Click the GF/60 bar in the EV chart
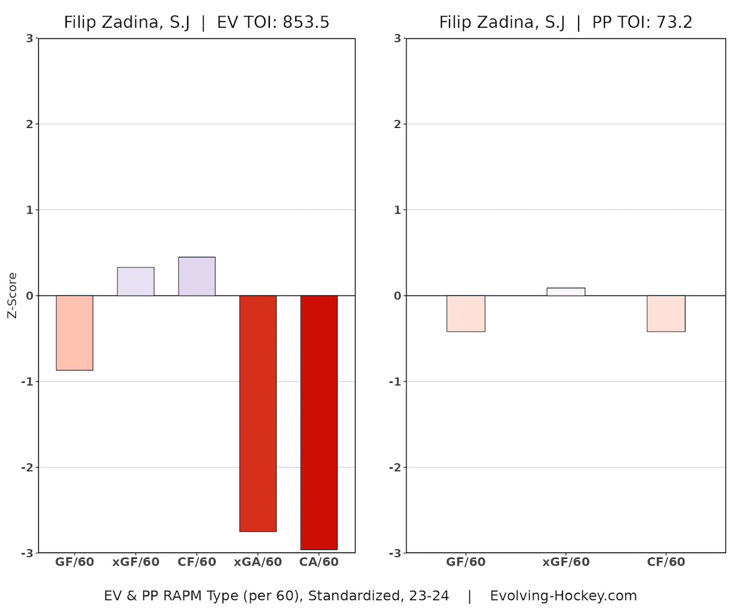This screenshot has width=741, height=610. point(74,333)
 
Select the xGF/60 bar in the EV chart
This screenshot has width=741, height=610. point(135,282)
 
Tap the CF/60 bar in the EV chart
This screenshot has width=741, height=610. point(196,277)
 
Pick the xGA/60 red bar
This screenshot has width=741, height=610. point(257,413)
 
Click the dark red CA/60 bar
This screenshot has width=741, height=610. point(319,422)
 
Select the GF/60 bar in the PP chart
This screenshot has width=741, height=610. point(466,314)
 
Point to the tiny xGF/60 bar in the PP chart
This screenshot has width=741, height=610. point(566,292)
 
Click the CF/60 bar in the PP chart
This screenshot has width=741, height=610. point(666,314)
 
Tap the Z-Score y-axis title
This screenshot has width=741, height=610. point(12,295)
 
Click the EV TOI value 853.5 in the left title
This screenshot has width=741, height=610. point(306,23)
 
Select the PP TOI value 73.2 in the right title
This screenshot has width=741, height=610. point(674,23)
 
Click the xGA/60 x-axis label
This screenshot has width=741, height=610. point(257,562)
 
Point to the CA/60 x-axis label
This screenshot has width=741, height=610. point(319,562)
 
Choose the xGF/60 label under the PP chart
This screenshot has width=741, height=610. point(566,562)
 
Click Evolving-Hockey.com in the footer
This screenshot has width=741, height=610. point(563,596)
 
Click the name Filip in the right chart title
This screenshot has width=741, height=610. point(454,23)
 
